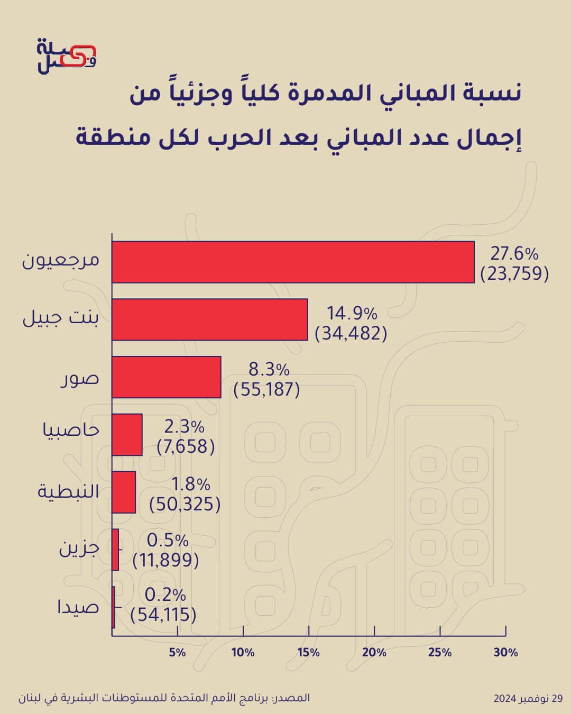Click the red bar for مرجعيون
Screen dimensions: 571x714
[293, 262]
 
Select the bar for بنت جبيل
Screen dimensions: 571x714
[210, 319]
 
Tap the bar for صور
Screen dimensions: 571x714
[166, 377]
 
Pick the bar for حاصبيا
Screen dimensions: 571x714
[127, 435]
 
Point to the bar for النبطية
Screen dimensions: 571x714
[124, 492]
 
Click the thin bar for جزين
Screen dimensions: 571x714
[115, 550]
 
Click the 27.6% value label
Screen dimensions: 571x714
[514, 254]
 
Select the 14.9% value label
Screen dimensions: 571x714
[352, 313]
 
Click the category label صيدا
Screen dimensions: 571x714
[78, 607]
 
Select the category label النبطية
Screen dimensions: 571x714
[68, 491]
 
